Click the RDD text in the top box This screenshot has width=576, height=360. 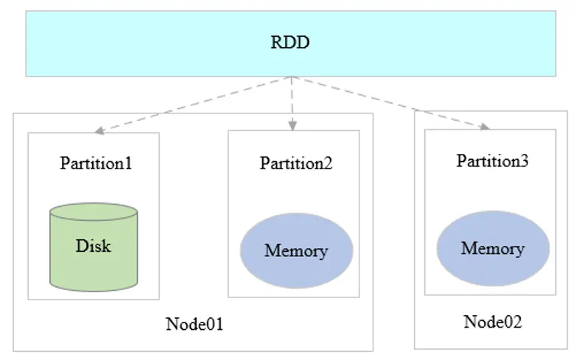coord(290,42)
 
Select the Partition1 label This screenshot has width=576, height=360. coord(96,163)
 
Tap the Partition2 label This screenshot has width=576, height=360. coord(295,163)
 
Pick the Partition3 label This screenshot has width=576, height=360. coord(492,160)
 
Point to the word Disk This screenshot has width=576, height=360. coord(94,245)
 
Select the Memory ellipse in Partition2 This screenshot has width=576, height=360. coord(296,250)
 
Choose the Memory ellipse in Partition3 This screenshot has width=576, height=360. coord(493,248)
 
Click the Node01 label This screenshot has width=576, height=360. coord(194,324)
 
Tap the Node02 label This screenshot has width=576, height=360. coord(493,322)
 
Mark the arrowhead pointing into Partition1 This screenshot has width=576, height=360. coord(99,132)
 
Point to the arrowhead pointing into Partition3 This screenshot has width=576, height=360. coord(485,127)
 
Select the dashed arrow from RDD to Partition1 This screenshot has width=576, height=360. coord(195,105)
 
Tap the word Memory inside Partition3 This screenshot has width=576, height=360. coord(493,248)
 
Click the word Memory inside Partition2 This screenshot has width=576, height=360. coord(296,251)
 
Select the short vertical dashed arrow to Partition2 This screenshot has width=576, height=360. coord(292,103)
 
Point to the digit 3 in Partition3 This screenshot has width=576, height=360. coord(524,160)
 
